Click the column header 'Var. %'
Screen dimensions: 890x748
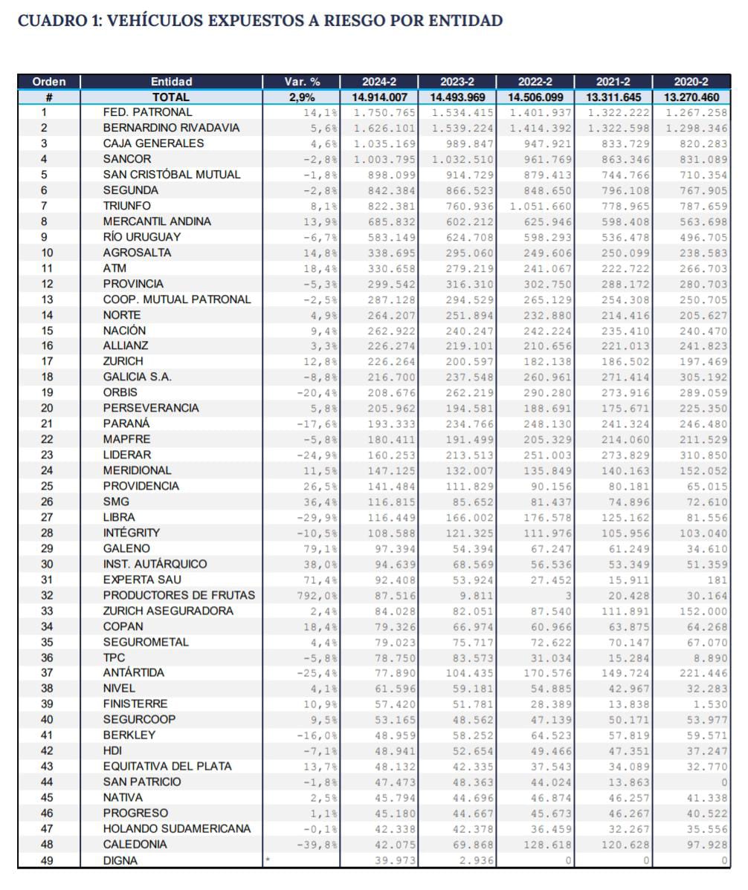[302, 82]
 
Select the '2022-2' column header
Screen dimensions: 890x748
[535, 82]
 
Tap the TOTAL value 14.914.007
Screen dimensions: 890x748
[378, 97]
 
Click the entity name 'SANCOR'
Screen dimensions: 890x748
[127, 159]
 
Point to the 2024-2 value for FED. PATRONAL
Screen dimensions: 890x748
[381, 112]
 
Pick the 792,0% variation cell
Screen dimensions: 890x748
[317, 595]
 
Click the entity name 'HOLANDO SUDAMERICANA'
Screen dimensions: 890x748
[177, 828]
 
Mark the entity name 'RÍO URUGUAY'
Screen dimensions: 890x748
[142, 237]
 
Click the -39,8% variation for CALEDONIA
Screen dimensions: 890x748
[317, 844]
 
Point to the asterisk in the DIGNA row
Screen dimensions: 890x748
[268, 859]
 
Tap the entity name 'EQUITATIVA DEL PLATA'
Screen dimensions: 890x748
[167, 766]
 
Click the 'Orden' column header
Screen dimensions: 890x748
[49, 82]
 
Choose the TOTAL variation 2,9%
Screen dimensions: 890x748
[302, 97]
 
